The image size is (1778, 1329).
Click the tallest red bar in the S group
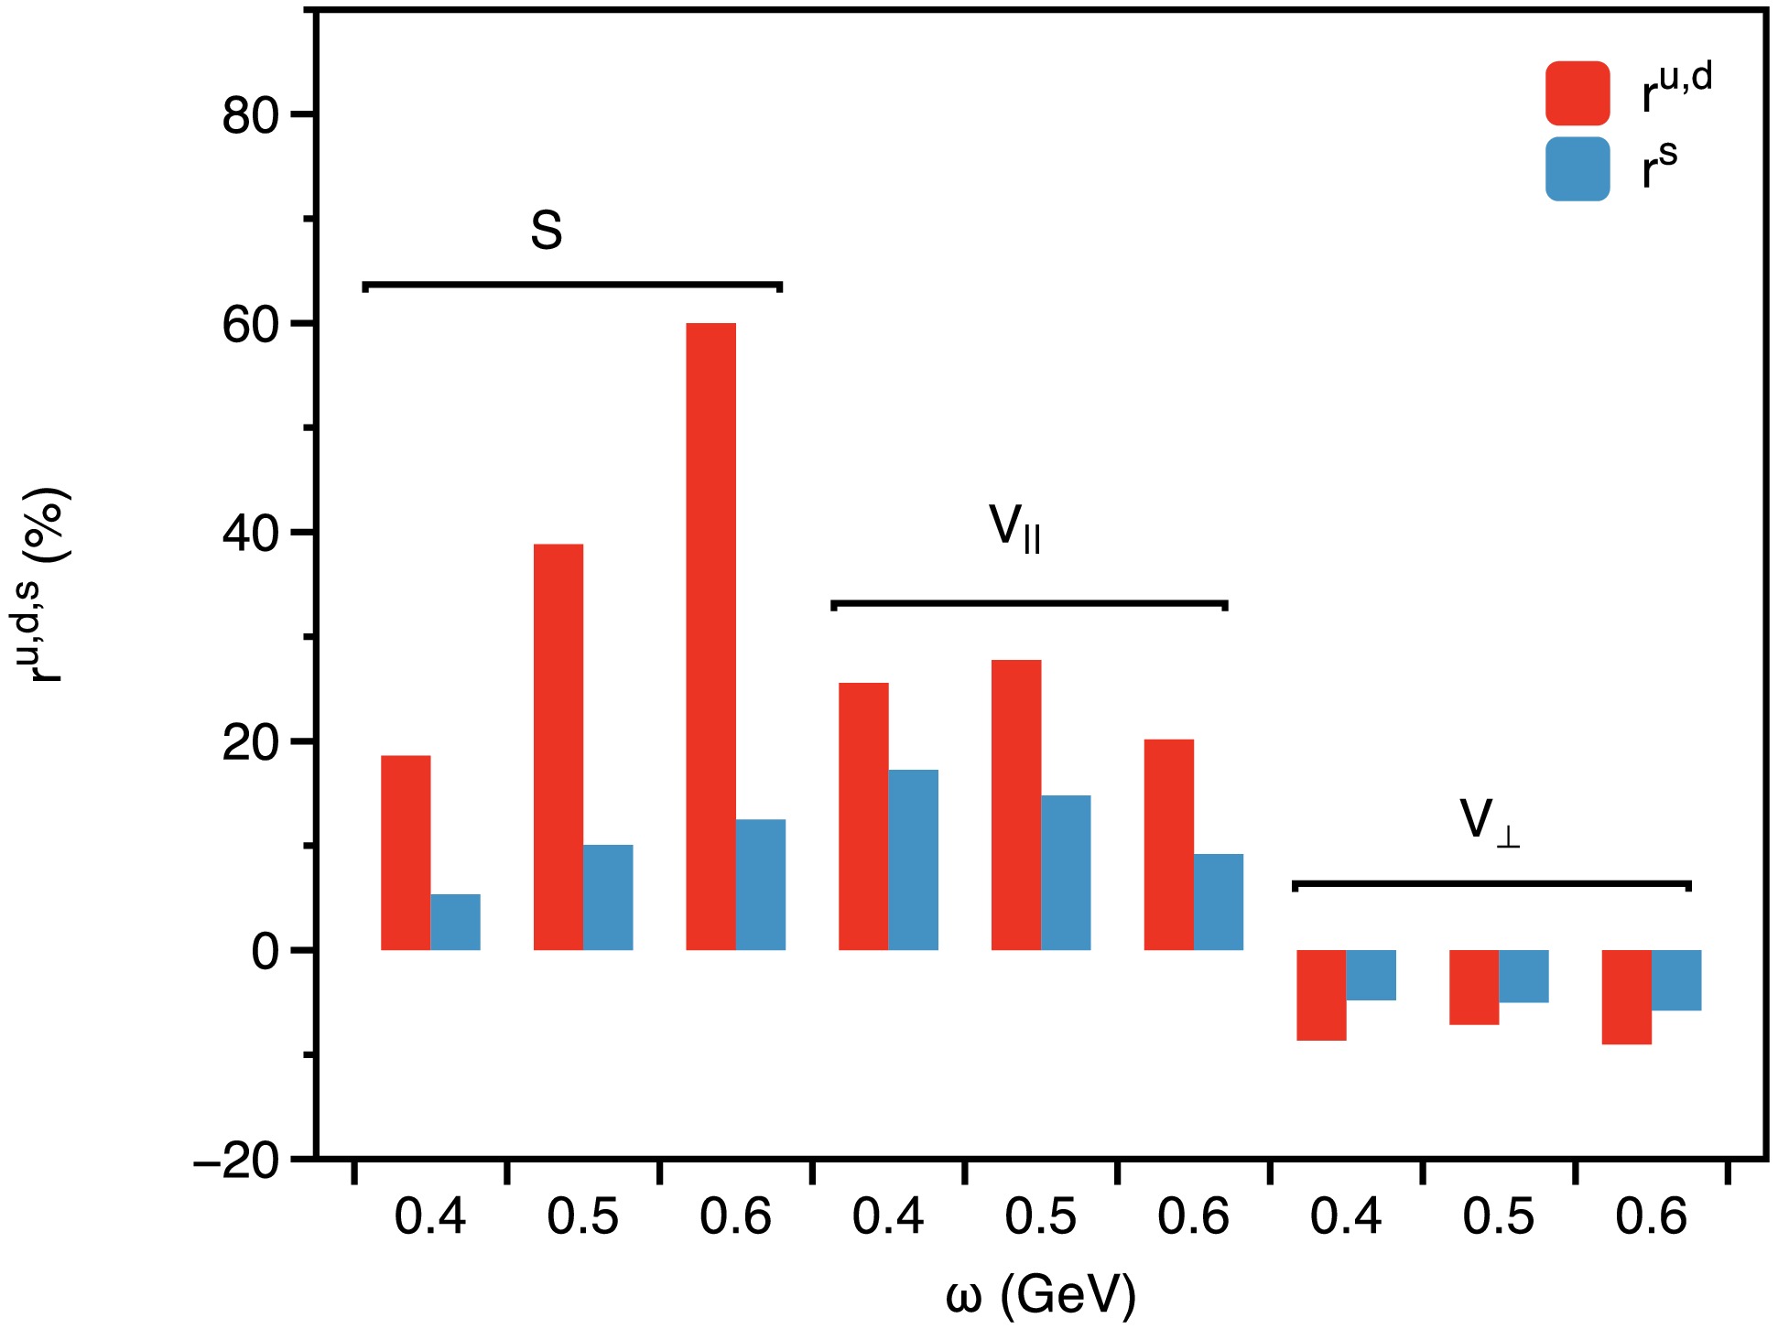coord(710,636)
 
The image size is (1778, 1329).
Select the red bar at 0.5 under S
coord(558,747)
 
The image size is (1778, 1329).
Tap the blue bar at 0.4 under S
coord(455,922)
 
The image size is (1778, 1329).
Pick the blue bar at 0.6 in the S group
coord(761,884)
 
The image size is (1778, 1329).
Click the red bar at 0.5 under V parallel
coord(1015,805)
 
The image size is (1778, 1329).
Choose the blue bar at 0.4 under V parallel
coord(913,859)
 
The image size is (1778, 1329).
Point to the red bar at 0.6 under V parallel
coord(1168,844)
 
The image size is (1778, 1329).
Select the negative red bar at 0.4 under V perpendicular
coord(1321,995)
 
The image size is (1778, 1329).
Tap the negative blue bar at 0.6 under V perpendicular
coord(1676,980)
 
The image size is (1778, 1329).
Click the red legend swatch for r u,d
coord(1577,93)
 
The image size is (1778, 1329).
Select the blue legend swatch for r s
coord(1577,169)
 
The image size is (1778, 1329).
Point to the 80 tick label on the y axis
coord(250,116)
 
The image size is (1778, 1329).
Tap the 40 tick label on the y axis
coord(250,534)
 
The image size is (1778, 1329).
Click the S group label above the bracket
coord(547,231)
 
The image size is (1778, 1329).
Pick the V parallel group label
coord(1014,529)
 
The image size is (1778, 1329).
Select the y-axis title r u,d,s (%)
coord(46,586)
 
